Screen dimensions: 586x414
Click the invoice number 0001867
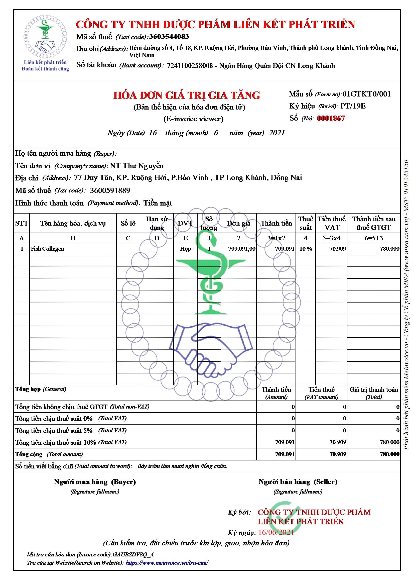(x=331, y=118)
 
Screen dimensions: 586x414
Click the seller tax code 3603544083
(x=169, y=37)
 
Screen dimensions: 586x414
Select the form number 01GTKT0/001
(x=367, y=94)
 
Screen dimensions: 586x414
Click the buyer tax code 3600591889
(x=110, y=190)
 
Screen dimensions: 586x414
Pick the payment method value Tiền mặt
(x=158, y=203)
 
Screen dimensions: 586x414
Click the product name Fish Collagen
(x=47, y=249)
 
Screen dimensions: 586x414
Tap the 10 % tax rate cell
(x=306, y=249)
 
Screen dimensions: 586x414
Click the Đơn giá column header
(x=238, y=224)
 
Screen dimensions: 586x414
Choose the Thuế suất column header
(x=306, y=223)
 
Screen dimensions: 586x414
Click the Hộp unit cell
(x=185, y=249)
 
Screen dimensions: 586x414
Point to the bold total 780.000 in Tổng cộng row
(x=389, y=454)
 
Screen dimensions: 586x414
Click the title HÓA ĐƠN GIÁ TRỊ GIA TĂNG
(x=187, y=95)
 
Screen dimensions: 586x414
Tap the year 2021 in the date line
(x=277, y=133)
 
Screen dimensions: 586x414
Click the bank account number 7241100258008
(x=190, y=66)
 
